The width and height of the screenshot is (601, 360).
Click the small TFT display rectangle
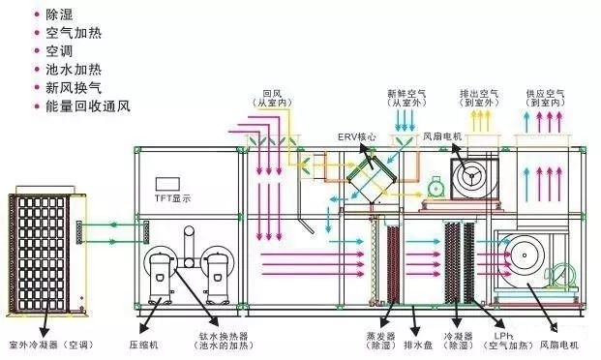coord(168,183)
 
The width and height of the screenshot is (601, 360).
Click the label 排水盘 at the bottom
coord(416,341)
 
